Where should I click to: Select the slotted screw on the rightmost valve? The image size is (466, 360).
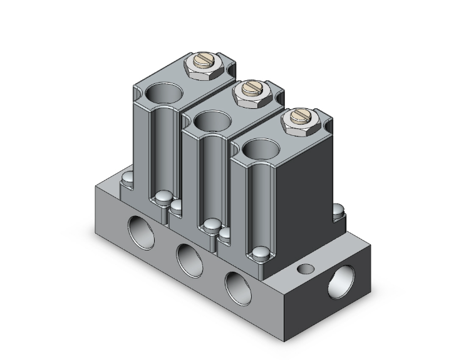(x=297, y=118)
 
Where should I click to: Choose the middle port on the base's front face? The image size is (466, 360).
(x=187, y=257)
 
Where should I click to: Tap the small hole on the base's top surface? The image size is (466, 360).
(x=306, y=269)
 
